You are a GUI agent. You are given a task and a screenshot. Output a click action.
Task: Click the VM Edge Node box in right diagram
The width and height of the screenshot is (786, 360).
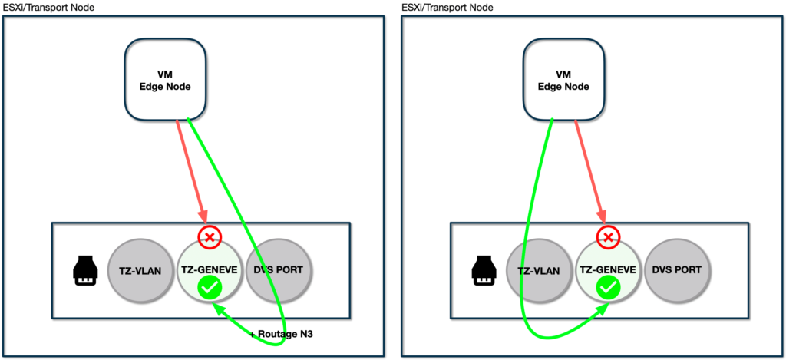(x=563, y=81)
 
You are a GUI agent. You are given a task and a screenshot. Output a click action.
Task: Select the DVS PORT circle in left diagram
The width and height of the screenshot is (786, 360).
(x=282, y=271)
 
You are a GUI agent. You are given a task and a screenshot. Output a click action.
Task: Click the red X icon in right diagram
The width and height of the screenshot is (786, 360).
(x=608, y=237)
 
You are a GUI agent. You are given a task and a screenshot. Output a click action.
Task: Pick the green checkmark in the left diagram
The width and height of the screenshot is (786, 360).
(x=210, y=289)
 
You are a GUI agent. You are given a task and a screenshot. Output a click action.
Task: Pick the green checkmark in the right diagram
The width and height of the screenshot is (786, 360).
(x=608, y=289)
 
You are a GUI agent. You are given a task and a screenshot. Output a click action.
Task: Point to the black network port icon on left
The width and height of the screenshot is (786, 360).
(x=84, y=271)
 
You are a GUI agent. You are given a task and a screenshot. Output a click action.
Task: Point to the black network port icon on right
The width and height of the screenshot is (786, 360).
(x=482, y=271)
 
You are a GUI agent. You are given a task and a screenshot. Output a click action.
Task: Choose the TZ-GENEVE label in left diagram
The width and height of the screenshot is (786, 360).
(x=210, y=270)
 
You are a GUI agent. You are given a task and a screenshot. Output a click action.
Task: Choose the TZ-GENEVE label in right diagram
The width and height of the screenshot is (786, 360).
(x=608, y=270)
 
